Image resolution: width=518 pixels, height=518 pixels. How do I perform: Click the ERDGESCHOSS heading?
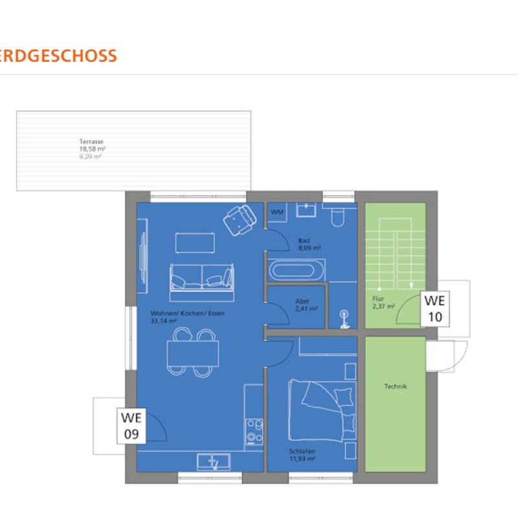(x=58, y=56)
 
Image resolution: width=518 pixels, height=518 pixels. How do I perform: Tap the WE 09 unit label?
(x=131, y=426)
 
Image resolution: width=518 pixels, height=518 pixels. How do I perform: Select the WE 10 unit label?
(x=434, y=309)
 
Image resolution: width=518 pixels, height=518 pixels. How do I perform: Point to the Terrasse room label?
(x=91, y=141)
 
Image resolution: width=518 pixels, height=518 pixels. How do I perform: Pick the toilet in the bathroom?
(x=338, y=216)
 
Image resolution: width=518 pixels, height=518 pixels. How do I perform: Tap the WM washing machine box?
(x=277, y=212)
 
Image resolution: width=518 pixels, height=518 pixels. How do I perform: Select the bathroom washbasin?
(x=306, y=210)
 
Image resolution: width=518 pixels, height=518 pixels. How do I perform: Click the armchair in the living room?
(x=240, y=220)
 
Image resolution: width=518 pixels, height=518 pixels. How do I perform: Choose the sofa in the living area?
(x=202, y=282)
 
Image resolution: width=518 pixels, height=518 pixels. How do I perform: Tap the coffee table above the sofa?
(x=195, y=243)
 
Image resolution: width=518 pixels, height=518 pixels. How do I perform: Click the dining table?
(x=193, y=354)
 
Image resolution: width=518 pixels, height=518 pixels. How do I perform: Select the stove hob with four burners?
(x=254, y=432)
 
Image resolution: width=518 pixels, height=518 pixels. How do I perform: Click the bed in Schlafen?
(x=322, y=411)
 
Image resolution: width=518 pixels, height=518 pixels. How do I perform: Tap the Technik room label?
(x=396, y=386)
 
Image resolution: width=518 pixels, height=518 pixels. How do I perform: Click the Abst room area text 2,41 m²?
(x=306, y=309)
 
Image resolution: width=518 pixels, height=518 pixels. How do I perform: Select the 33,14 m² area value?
(x=164, y=321)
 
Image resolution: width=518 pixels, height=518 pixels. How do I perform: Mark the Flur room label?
(x=378, y=298)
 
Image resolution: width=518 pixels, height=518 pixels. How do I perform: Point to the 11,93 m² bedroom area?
(x=302, y=458)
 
